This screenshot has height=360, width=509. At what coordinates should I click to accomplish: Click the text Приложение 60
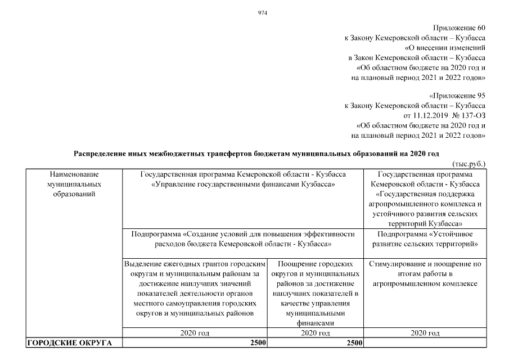coord(460,28)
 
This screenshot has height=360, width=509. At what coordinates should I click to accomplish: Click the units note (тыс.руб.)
coord(469,164)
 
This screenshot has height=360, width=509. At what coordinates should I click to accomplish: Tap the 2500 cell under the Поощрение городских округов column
coord(353,343)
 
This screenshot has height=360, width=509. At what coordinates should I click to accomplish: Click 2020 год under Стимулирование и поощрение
coord(425,333)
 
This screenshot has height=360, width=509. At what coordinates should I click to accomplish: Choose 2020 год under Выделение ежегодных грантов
coord(195,333)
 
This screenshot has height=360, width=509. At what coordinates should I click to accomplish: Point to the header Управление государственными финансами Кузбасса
coord(244,184)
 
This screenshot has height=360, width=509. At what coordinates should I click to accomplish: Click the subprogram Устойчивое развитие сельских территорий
coord(425,239)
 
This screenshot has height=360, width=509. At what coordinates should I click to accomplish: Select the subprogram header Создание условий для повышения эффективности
coord(244,239)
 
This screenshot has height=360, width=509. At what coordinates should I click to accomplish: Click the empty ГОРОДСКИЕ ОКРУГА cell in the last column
coord(425,343)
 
